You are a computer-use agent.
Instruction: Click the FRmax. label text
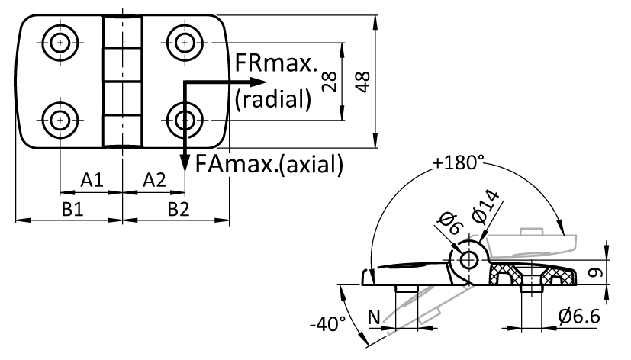coord(275,63)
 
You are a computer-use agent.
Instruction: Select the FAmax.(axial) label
coord(269,164)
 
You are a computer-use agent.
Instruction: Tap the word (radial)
coord(273,99)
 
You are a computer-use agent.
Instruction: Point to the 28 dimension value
coord(330,82)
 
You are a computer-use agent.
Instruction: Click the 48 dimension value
coord(363,82)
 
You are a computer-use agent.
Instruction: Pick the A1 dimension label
coord(92,180)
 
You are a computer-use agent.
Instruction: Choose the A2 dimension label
coord(154,180)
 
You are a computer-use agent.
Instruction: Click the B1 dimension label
coord(72,209)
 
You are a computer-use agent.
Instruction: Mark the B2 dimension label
coord(179,209)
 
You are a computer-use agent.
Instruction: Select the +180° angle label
coord(459,162)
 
